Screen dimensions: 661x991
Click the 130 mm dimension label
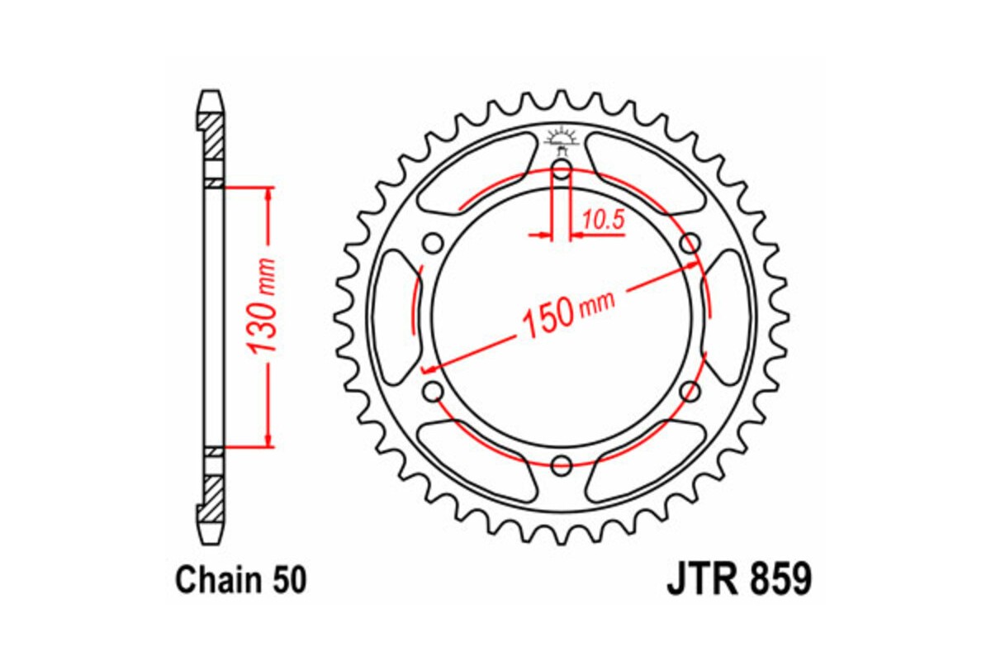[x=264, y=317]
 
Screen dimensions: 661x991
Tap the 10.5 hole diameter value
[x=602, y=220]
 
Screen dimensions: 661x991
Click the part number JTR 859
[x=738, y=579]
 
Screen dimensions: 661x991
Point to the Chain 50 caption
[x=240, y=580]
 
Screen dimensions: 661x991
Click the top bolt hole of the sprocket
[x=562, y=172]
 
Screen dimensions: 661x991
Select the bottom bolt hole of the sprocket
[x=562, y=464]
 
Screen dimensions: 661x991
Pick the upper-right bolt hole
[x=689, y=244]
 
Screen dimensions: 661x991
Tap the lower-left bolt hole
[x=434, y=391]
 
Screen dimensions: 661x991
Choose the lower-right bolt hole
[x=689, y=391]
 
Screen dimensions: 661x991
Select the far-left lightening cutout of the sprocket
[x=395, y=317]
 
